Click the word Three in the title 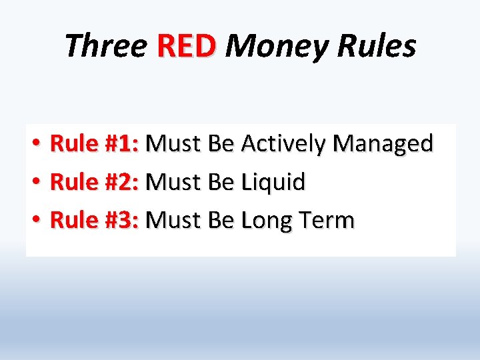106,47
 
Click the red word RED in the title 187,47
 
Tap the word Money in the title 277,47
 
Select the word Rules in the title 377,47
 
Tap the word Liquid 273,182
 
